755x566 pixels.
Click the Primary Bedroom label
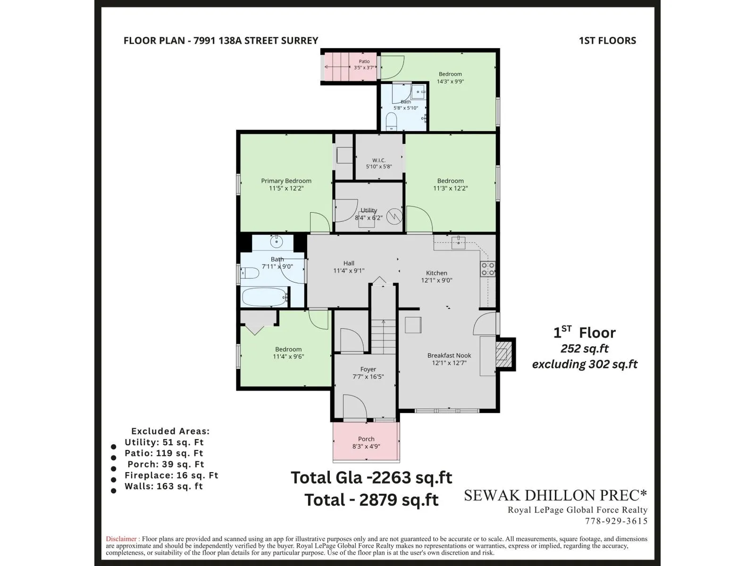(x=286, y=181)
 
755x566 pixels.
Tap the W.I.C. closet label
(x=379, y=160)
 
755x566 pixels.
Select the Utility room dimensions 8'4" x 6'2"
(x=369, y=217)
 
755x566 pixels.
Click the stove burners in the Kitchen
(x=488, y=269)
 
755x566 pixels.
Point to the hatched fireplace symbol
(x=504, y=354)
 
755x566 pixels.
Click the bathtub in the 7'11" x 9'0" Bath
(x=264, y=297)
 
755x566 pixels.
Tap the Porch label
(x=366, y=439)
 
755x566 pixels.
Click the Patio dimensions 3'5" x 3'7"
(x=364, y=68)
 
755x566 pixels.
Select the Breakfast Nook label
(x=449, y=355)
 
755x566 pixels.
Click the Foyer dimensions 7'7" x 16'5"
(x=368, y=377)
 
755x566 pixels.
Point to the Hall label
(x=349, y=263)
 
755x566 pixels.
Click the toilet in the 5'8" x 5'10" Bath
(x=392, y=121)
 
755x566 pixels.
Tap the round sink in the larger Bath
(x=276, y=241)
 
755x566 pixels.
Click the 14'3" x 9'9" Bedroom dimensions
(x=450, y=82)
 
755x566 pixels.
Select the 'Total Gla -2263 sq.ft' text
(x=371, y=478)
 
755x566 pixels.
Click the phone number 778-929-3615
(x=616, y=521)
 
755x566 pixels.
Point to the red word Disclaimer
(x=121, y=539)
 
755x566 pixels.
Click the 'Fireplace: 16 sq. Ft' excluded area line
(x=171, y=475)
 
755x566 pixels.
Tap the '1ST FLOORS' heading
(x=607, y=41)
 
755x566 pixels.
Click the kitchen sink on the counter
(x=458, y=243)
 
